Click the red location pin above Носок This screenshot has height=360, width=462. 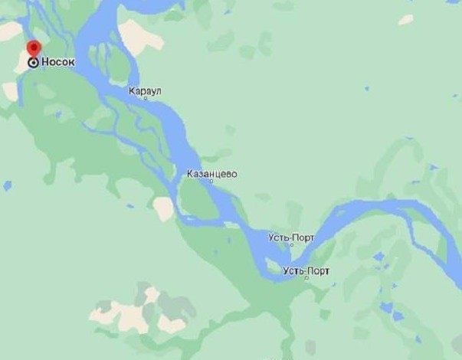pos(33,48)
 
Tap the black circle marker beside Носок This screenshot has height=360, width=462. pos(33,62)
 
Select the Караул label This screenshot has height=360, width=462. pos(145,90)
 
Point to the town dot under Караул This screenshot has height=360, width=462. pos(146,98)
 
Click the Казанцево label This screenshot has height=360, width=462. pos(212,174)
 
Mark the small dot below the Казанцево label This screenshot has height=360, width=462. pos(212,182)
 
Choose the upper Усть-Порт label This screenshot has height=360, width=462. pos(291,237)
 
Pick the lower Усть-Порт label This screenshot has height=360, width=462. pos(306,271)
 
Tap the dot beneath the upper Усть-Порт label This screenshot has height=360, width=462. pos(291,246)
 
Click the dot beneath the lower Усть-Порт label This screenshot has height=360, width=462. pos(306,279)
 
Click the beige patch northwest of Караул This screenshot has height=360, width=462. pos(140,37)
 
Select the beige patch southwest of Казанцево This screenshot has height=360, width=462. pos(163,208)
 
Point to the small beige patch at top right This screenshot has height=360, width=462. pos(405,20)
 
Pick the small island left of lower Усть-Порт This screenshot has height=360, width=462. pos(273,265)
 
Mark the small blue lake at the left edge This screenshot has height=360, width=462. pos(7,185)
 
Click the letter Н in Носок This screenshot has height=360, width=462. pos(44,62)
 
